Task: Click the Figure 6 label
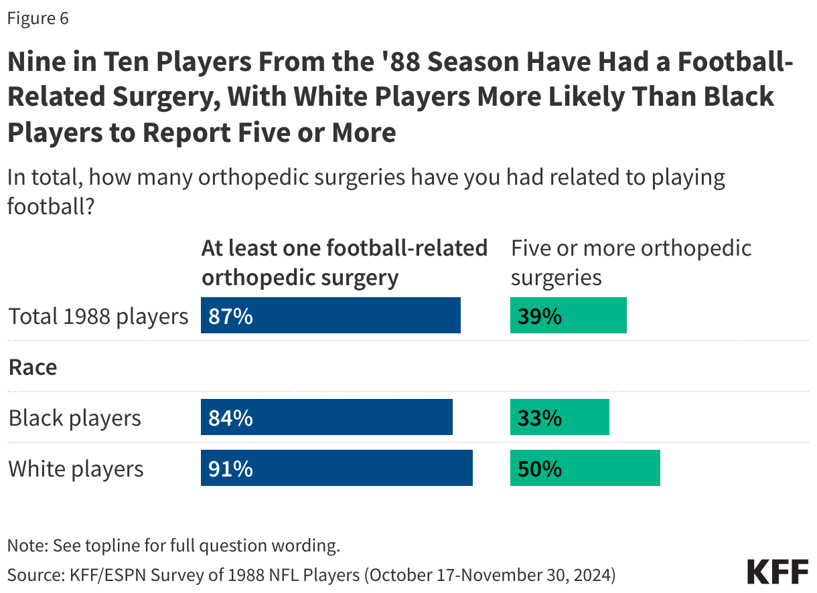tap(38, 19)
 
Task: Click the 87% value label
tap(230, 316)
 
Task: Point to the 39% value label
tap(539, 316)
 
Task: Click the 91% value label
tap(230, 469)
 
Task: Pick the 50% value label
tap(539, 469)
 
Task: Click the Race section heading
tap(33, 367)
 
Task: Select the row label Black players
tap(75, 418)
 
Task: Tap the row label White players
tap(76, 469)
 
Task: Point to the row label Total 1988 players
tap(98, 316)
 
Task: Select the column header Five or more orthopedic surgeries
tap(631, 262)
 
